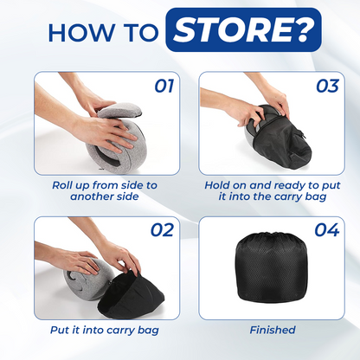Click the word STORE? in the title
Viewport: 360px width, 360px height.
click(243, 30)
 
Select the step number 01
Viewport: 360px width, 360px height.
click(164, 86)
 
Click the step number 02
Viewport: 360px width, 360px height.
click(163, 230)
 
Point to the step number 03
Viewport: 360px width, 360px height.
click(328, 86)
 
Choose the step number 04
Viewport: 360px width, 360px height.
click(327, 230)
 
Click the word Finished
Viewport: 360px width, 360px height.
click(273, 330)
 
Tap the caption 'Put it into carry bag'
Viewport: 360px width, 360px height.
click(105, 331)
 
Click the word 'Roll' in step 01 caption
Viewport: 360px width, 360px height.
click(60, 185)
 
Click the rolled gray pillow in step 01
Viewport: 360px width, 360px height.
click(117, 136)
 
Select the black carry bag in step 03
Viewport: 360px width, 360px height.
click(281, 138)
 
